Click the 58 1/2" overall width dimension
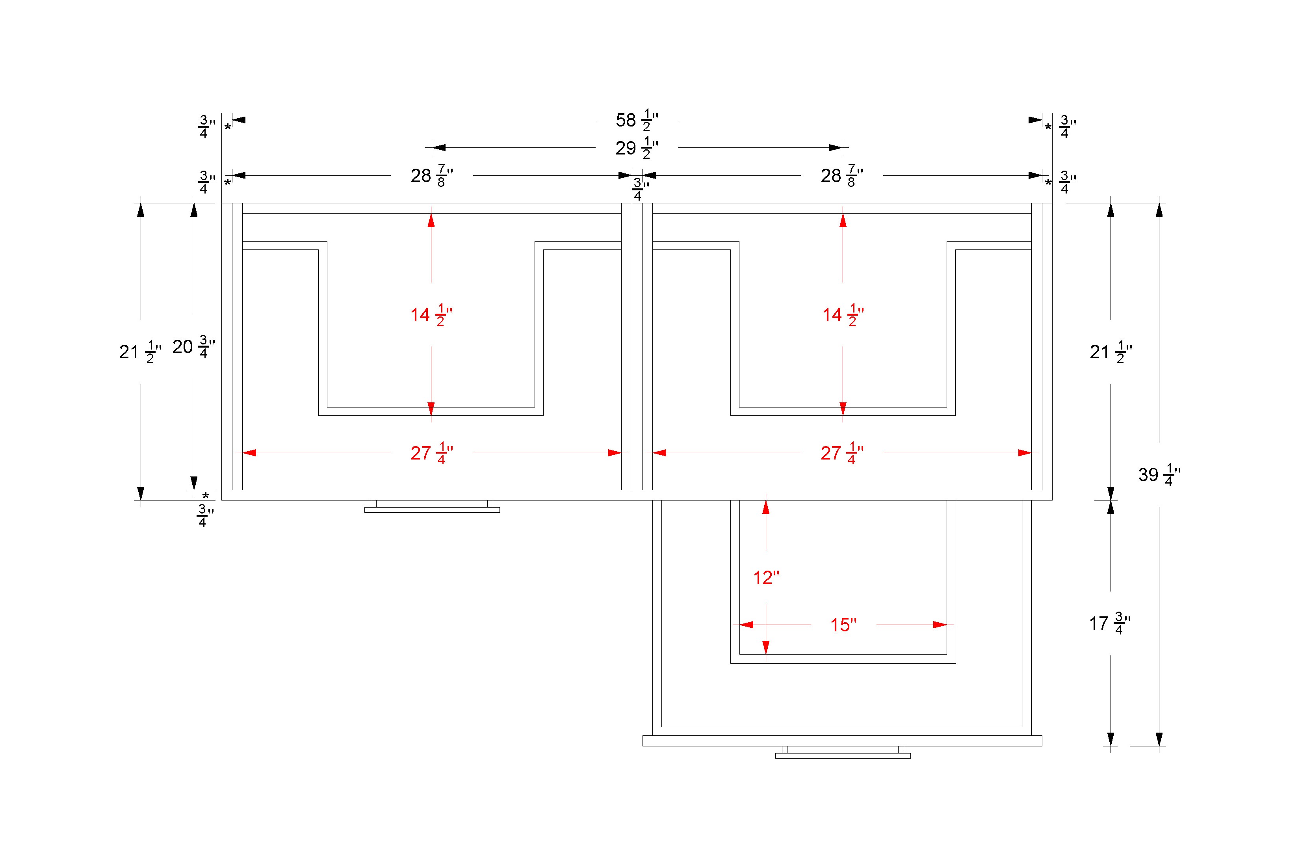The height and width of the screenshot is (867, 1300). pos(637,120)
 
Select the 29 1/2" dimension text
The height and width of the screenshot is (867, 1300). pos(637,148)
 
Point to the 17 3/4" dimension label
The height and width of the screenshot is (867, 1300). pos(1110,623)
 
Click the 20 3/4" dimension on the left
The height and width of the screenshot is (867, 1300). pos(193,347)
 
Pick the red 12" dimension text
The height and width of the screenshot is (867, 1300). pos(766,578)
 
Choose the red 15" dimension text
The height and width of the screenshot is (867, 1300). pos(843,625)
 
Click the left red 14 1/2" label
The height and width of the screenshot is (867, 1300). pos(431,314)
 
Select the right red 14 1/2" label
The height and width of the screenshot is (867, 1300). pos(843,314)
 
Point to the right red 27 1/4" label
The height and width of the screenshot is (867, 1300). pos(842,453)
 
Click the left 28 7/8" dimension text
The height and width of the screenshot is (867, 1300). pos(432,176)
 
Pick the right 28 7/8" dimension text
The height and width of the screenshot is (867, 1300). pos(842,176)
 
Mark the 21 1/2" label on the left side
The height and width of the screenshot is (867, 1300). pos(140,352)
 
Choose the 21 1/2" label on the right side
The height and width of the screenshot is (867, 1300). pos(1111,352)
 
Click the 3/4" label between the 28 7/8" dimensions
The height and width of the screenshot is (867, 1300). pos(640,190)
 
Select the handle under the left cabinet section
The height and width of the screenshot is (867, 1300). pos(432,506)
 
